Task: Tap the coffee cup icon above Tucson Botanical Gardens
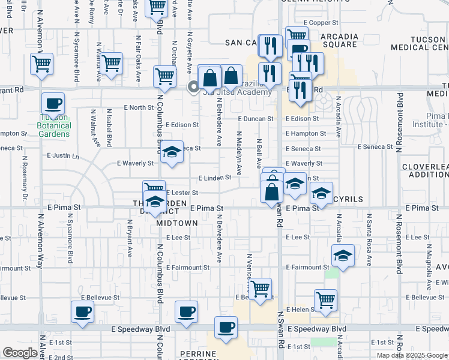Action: pyautogui.click(x=53, y=103)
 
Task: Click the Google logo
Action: pyautogui.click(x=20, y=353)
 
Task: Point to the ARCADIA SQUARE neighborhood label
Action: pyautogui.click(x=340, y=40)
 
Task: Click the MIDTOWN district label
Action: pyautogui.click(x=177, y=223)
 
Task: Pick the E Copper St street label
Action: pyautogui.click(x=321, y=23)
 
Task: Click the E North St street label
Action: pyautogui.click(x=139, y=107)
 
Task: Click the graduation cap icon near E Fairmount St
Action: pyautogui.click(x=343, y=255)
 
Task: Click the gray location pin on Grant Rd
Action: pyautogui.click(x=193, y=88)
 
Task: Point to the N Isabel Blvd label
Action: pyautogui.click(x=109, y=128)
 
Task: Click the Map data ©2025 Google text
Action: pyautogui.click(x=411, y=355)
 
